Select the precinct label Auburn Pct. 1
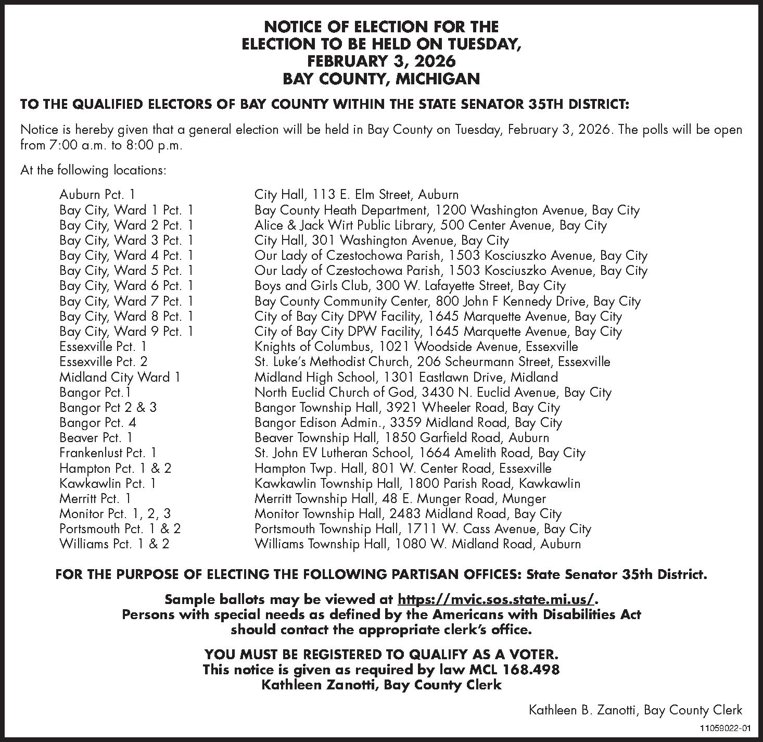[x=97, y=195]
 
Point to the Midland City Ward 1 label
[x=120, y=377]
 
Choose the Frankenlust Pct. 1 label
[x=108, y=452]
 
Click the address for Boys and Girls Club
[x=410, y=286]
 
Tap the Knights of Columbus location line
[x=416, y=346]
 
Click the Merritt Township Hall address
[x=400, y=498]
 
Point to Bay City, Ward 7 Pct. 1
[x=126, y=301]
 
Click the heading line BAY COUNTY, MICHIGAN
[x=381, y=79]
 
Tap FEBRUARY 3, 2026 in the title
[x=381, y=61]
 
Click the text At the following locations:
[x=93, y=170]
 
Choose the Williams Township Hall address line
[x=417, y=544]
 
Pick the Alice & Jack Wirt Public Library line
[x=430, y=225]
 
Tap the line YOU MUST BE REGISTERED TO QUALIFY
[x=381, y=654]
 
